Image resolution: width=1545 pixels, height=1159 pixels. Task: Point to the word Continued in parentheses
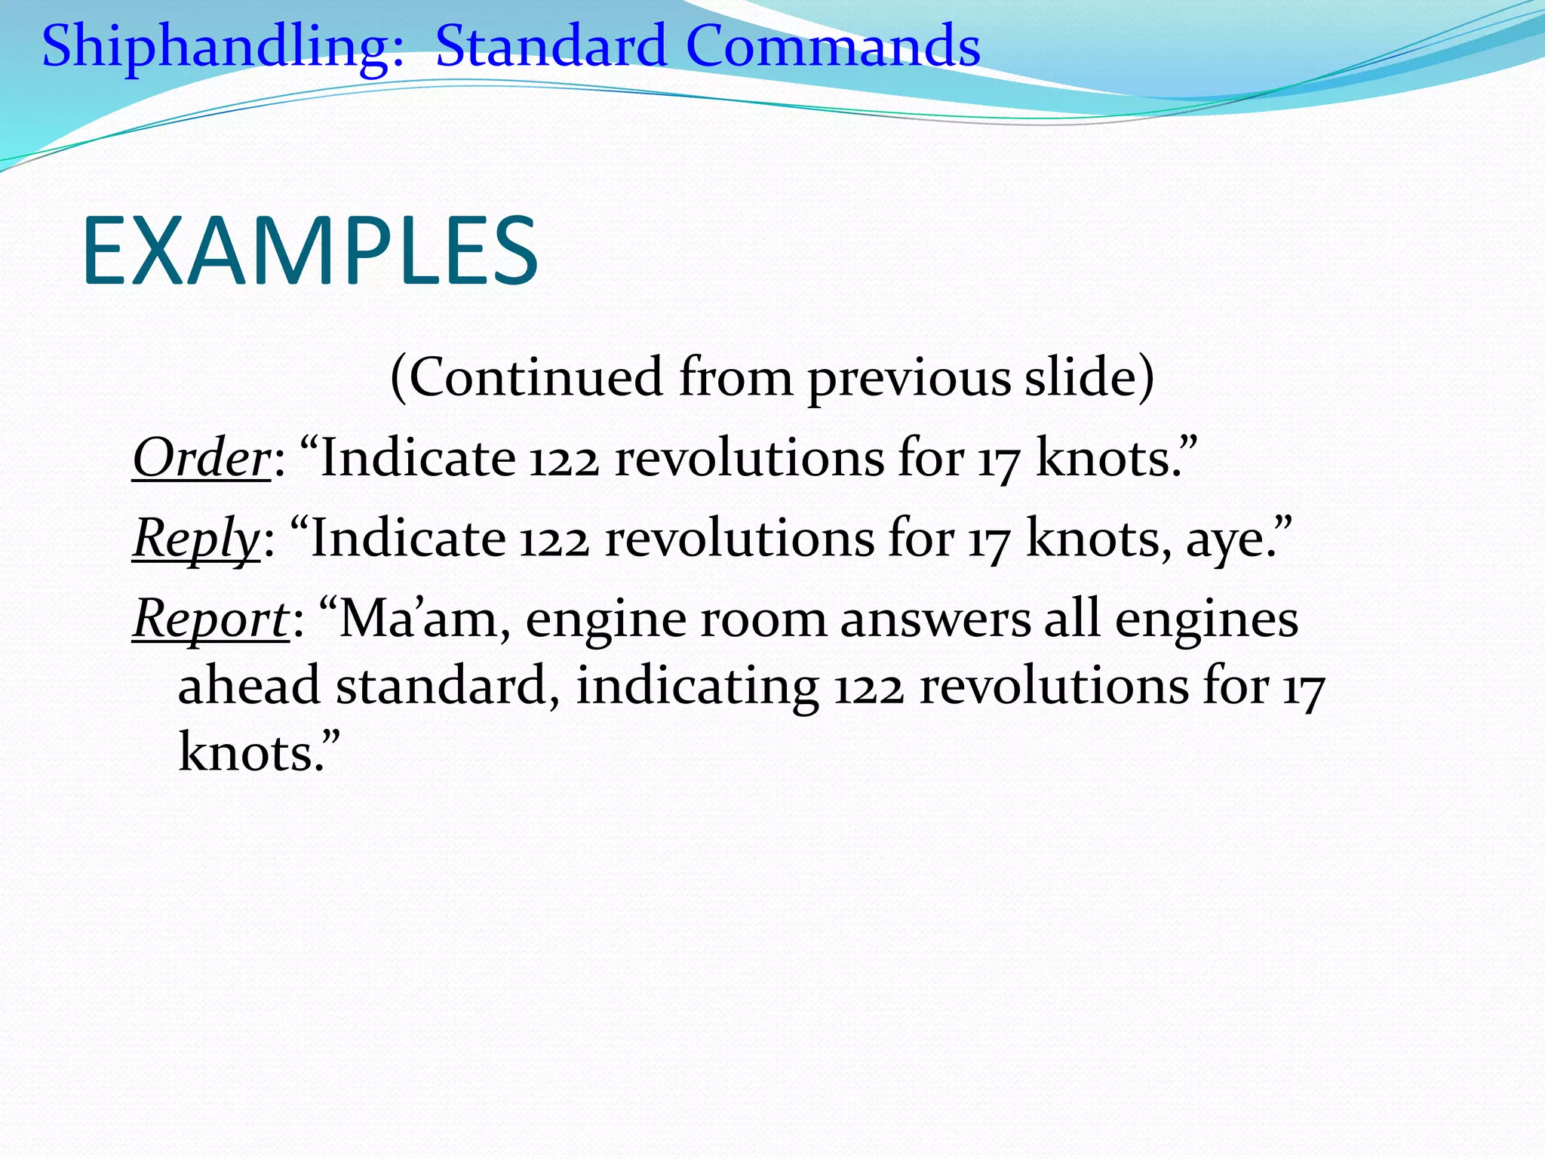click(536, 377)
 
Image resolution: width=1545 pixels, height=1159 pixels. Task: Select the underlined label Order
click(201, 458)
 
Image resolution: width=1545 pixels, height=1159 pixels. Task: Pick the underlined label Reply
click(196, 539)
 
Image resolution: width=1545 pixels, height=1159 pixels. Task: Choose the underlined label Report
click(210, 619)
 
